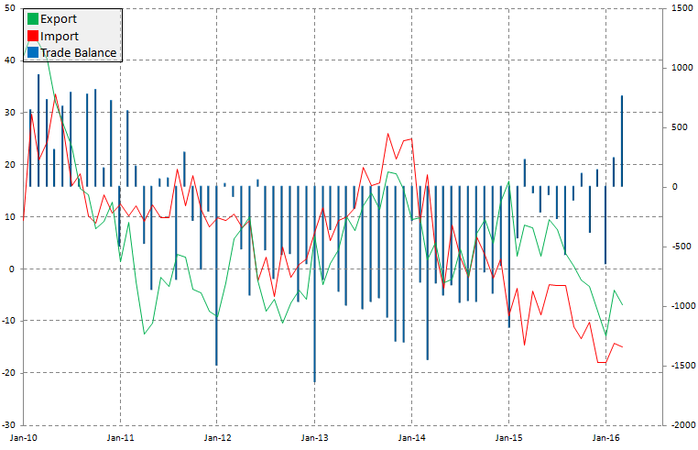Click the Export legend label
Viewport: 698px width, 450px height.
coord(59,18)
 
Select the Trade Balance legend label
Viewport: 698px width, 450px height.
coord(79,53)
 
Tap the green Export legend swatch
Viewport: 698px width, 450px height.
coord(33,18)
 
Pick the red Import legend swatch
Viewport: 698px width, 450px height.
coord(33,36)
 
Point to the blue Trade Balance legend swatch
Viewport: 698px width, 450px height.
coord(33,53)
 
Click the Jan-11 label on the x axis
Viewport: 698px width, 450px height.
coord(121,438)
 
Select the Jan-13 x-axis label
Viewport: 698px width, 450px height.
coord(315,438)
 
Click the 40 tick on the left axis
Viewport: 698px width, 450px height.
coord(10,60)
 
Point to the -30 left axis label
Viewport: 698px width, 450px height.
coord(8,425)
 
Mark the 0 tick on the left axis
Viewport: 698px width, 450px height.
coord(12,269)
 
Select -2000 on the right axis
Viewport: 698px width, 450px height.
coord(679,425)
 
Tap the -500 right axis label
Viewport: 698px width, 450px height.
coord(678,247)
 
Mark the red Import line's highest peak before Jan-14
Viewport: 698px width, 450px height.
coord(388,135)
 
